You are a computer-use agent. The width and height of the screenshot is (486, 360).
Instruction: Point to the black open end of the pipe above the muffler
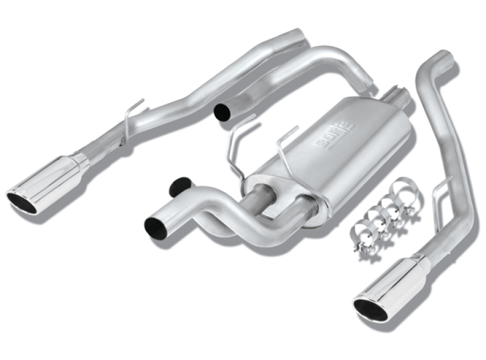[x=222, y=112]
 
